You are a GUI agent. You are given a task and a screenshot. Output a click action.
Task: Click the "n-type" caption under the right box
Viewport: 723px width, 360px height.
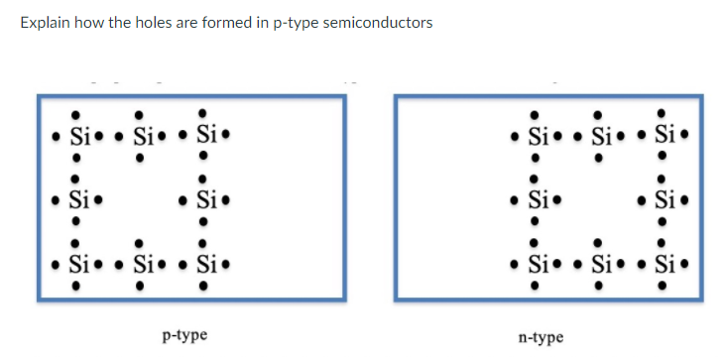click(541, 337)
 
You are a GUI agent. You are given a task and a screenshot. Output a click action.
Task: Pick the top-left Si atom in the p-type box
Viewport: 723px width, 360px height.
click(78, 134)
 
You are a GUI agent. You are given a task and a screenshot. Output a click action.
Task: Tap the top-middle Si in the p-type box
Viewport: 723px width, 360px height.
click(142, 134)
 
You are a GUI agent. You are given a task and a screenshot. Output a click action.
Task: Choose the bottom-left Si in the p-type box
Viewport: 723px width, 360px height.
click(78, 265)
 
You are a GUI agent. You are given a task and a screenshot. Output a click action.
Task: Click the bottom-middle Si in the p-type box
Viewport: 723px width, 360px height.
click(142, 265)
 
